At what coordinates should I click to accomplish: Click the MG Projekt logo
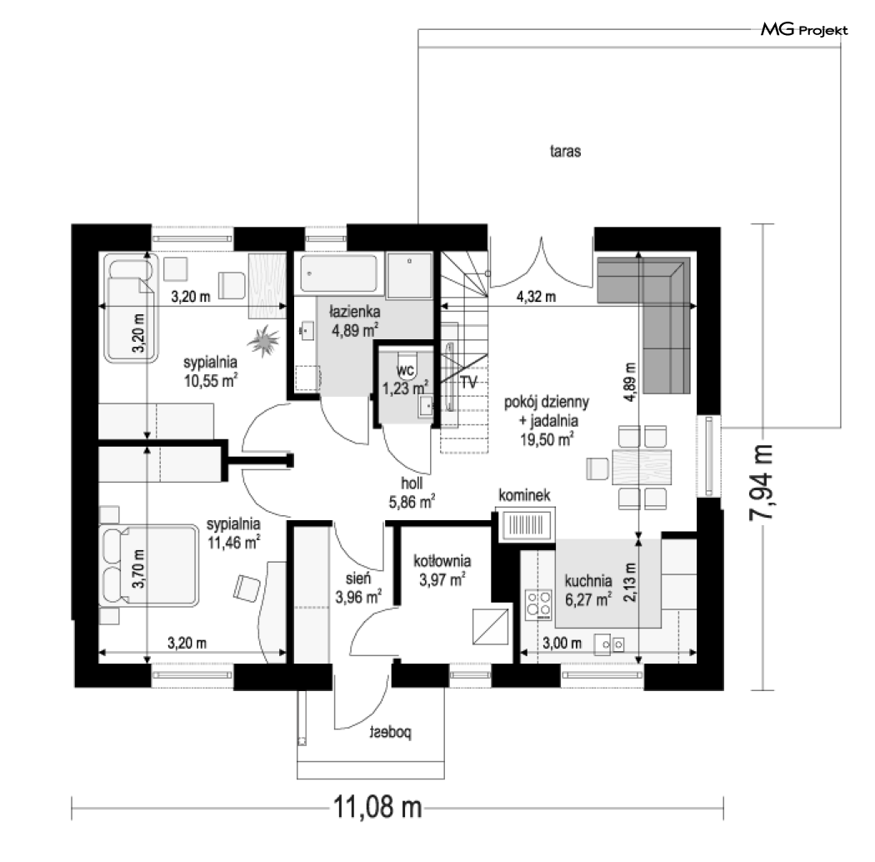pyautogui.click(x=804, y=29)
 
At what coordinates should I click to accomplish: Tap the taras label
pyautogui.click(x=565, y=151)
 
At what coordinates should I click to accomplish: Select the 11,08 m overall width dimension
pyautogui.click(x=377, y=807)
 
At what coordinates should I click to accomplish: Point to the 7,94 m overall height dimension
pyautogui.click(x=761, y=483)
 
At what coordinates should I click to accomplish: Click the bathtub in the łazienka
pyautogui.click(x=338, y=273)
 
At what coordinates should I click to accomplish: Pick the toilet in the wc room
pyautogui.click(x=406, y=363)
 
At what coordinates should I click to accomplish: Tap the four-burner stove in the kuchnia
pyautogui.click(x=538, y=604)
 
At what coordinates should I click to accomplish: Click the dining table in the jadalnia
pyautogui.click(x=642, y=467)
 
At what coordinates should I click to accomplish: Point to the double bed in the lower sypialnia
pyautogui.click(x=149, y=565)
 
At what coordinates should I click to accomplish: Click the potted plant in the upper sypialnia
pyautogui.click(x=263, y=341)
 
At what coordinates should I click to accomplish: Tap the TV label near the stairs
pyautogui.click(x=468, y=383)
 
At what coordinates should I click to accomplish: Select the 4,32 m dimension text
pyautogui.click(x=537, y=297)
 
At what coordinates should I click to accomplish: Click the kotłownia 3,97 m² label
pyautogui.click(x=442, y=570)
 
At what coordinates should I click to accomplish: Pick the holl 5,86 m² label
pyautogui.click(x=412, y=493)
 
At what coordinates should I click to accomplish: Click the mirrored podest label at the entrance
pyautogui.click(x=391, y=732)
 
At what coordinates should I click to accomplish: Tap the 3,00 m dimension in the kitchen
pyautogui.click(x=562, y=643)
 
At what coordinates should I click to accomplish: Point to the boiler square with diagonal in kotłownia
pyautogui.click(x=491, y=626)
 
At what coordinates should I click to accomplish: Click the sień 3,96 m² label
pyautogui.click(x=358, y=589)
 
